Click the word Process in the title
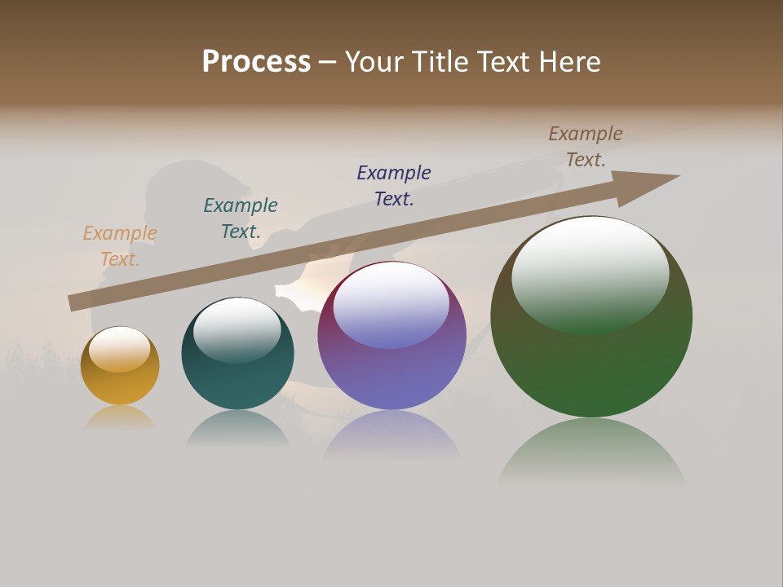coord(256,62)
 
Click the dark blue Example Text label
coord(394,186)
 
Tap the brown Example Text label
coord(586,147)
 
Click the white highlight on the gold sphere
coord(119,349)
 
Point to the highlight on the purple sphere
coord(391,304)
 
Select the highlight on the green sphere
coord(591,276)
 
